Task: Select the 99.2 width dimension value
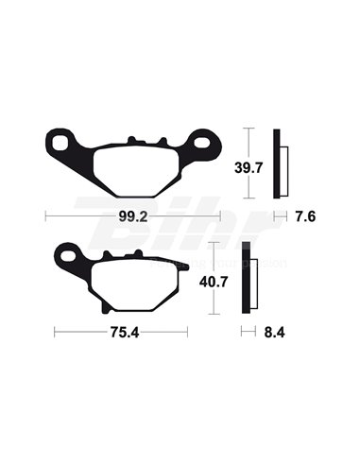click(x=133, y=216)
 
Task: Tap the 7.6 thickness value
click(x=304, y=216)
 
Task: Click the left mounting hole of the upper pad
click(x=62, y=145)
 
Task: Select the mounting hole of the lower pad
click(x=68, y=253)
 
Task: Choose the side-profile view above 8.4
click(x=248, y=279)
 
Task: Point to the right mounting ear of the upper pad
click(x=203, y=146)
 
